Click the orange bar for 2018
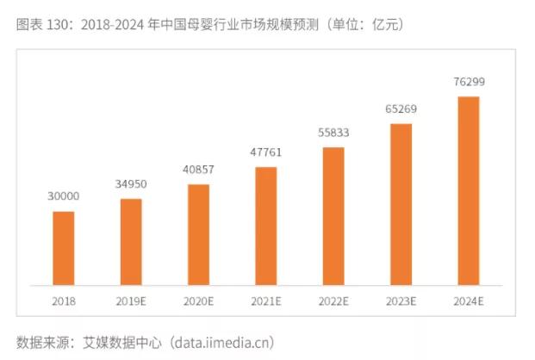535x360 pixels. coord(64,248)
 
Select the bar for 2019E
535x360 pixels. coord(131,242)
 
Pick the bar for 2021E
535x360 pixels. coord(266,226)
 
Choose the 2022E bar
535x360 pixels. coord(333,215)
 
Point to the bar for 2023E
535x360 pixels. coord(401,204)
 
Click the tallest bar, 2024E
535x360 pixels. coord(468,190)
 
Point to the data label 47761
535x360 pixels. coord(266,153)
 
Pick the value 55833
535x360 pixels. coord(333,134)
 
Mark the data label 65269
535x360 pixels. coord(401,110)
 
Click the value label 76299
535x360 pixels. coord(468,83)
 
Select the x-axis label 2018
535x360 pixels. coord(64,301)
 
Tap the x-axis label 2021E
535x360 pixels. coord(266,301)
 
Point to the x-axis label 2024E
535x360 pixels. coord(468,301)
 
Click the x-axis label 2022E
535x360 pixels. coord(333,301)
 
